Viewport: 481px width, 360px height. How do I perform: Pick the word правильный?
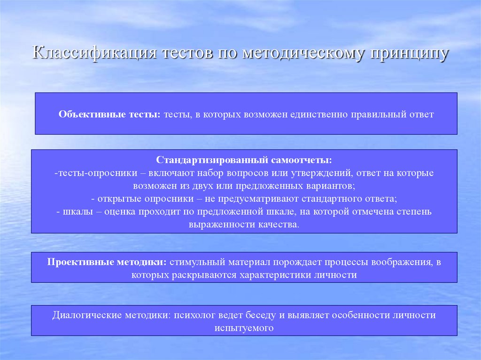pos(374,114)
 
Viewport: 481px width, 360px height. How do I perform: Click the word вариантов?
pos(325,186)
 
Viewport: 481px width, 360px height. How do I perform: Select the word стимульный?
pos(194,262)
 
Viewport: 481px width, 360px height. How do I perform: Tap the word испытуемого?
pos(244,328)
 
